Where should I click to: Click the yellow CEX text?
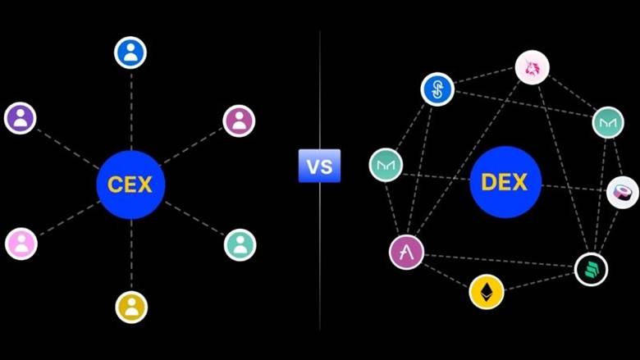click(x=130, y=185)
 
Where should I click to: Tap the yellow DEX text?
click(x=505, y=182)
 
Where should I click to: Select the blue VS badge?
click(x=320, y=166)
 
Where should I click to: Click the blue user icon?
click(x=130, y=52)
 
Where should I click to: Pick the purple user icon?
click(x=21, y=118)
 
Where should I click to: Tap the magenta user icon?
click(x=240, y=121)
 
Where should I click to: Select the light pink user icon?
click(x=21, y=244)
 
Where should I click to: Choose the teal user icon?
click(x=240, y=244)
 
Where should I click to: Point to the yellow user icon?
click(x=131, y=307)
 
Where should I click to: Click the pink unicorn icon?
click(x=533, y=67)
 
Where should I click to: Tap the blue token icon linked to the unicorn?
click(x=437, y=89)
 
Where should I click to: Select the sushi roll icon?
click(x=623, y=193)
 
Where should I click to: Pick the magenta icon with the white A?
click(x=406, y=253)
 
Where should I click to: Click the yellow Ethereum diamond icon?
click(x=487, y=292)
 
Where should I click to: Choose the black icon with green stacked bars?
click(x=591, y=269)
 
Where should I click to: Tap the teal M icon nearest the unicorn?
click(x=608, y=122)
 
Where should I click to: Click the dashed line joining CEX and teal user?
click(x=195, y=218)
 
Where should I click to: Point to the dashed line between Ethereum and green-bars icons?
click(x=539, y=282)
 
